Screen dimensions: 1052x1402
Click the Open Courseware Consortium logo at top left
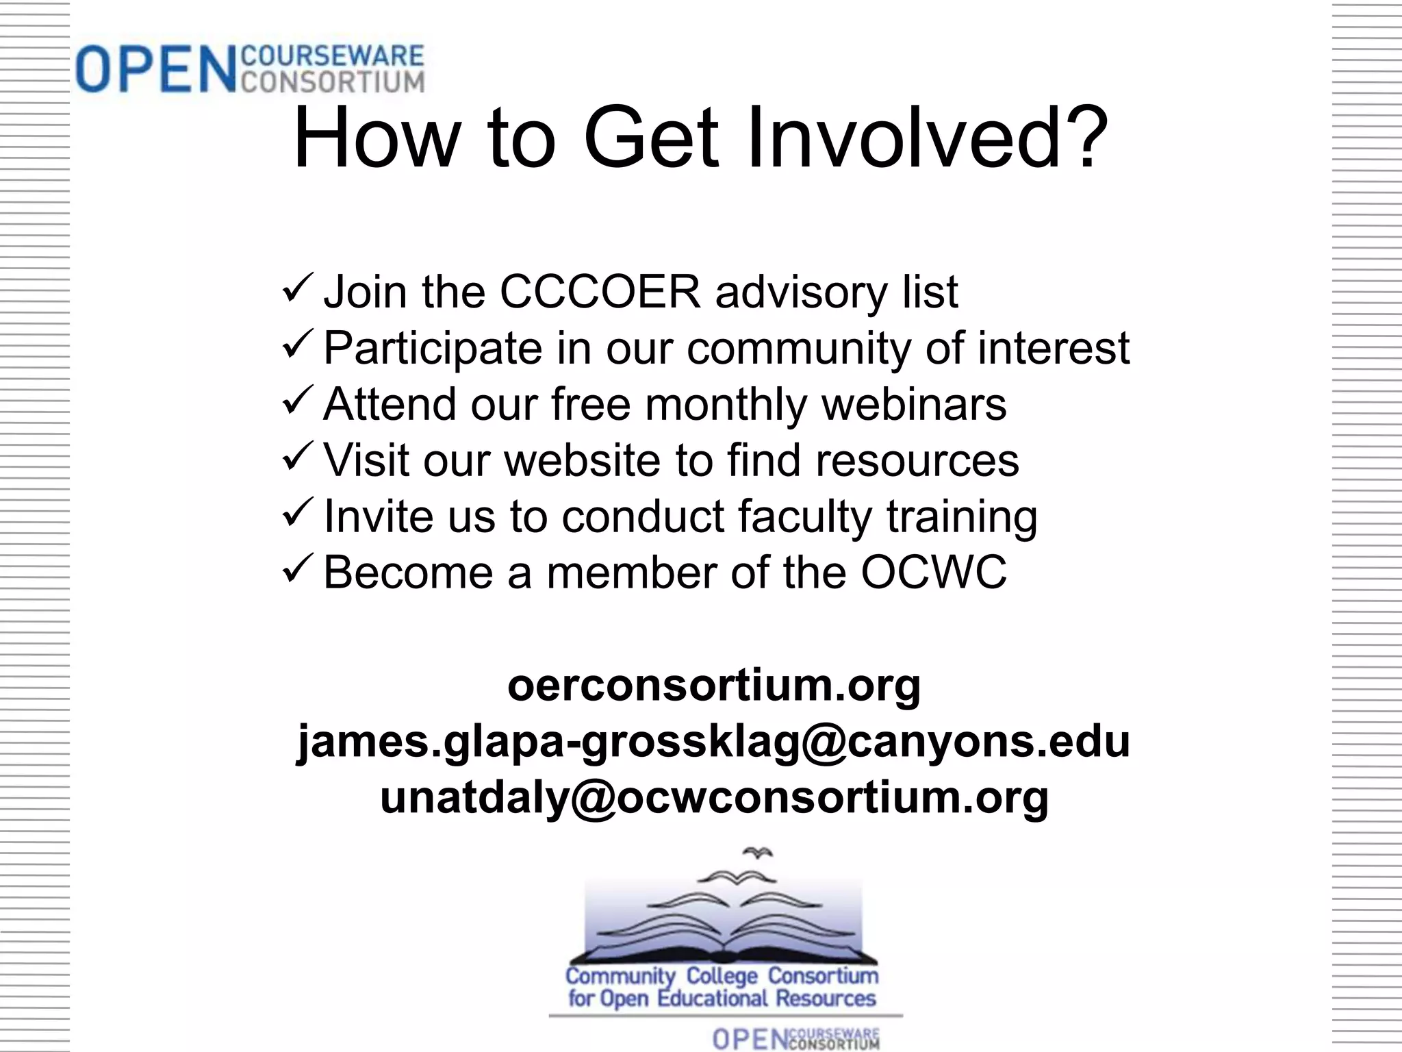(250, 68)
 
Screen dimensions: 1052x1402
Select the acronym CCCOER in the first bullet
(600, 292)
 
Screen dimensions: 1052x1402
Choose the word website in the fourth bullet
(583, 460)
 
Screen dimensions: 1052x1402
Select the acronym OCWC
(934, 572)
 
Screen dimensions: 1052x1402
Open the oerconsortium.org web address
(714, 684)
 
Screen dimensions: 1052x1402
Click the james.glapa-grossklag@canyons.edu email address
(713, 741)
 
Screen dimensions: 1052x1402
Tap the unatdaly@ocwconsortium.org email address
(714, 797)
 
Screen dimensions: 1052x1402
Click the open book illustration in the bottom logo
(722, 931)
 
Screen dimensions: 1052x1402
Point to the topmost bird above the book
(758, 853)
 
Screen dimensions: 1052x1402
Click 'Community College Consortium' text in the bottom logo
(722, 975)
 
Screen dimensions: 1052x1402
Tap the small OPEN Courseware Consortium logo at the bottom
(795, 1038)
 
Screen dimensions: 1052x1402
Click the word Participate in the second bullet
(432, 348)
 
